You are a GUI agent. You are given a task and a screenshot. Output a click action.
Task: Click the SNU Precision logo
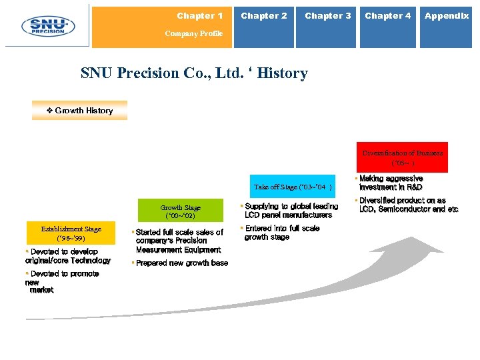[x=47, y=26]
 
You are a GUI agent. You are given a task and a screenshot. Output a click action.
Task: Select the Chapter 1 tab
[x=200, y=16]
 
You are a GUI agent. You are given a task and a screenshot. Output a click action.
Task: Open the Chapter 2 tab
[x=264, y=16]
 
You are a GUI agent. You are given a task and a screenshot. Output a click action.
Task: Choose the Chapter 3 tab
[x=327, y=16]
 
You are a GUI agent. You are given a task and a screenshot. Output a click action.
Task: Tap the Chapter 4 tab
[x=388, y=16]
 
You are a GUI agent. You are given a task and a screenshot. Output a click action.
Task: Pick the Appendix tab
[x=447, y=16]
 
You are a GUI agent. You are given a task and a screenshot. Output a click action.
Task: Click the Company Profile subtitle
[x=193, y=33]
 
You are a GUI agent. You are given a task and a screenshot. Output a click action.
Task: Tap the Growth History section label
[x=80, y=111]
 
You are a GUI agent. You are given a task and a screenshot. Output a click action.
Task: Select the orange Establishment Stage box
[x=71, y=233]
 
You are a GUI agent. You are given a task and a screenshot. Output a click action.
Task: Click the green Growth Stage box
[x=180, y=211]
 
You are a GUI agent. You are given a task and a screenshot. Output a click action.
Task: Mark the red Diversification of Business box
[x=403, y=157]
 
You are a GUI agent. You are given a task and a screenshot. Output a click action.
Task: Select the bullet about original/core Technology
[x=68, y=256]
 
